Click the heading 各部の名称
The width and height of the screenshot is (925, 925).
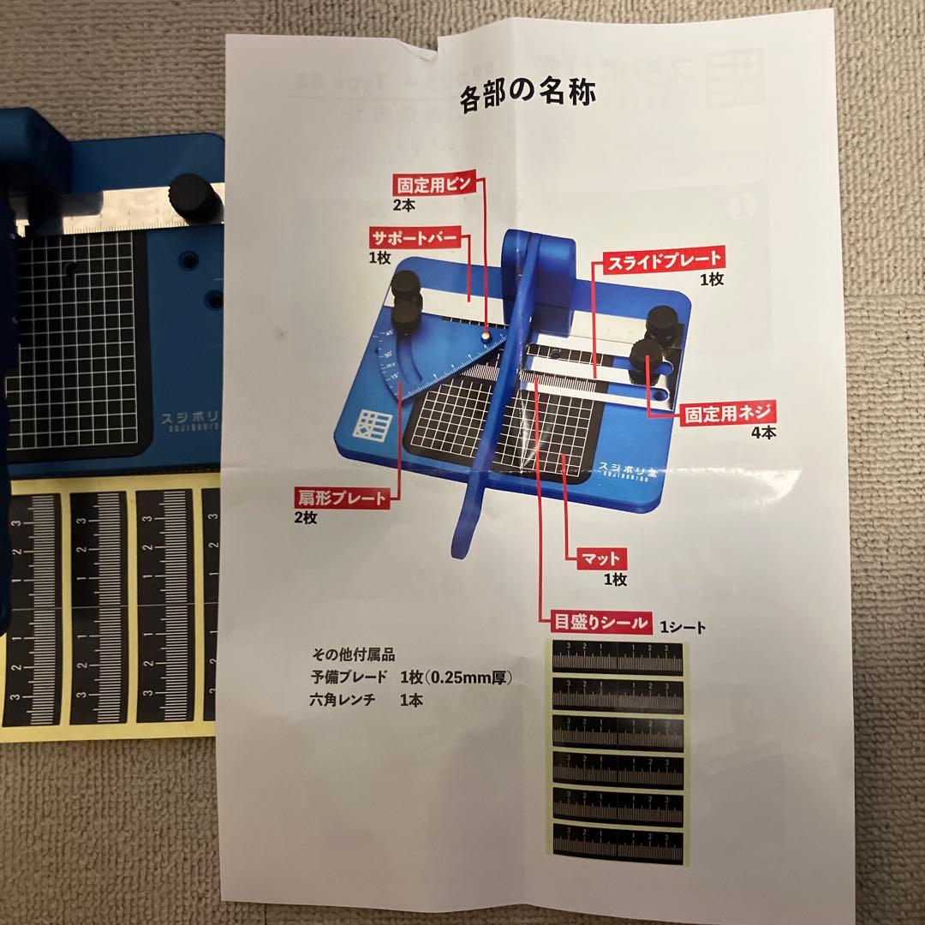point(528,97)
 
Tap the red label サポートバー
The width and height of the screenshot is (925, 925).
point(415,238)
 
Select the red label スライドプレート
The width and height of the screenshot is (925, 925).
point(663,258)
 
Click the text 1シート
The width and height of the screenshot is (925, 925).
point(683,628)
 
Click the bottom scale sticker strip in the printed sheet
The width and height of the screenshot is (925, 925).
point(618,844)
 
